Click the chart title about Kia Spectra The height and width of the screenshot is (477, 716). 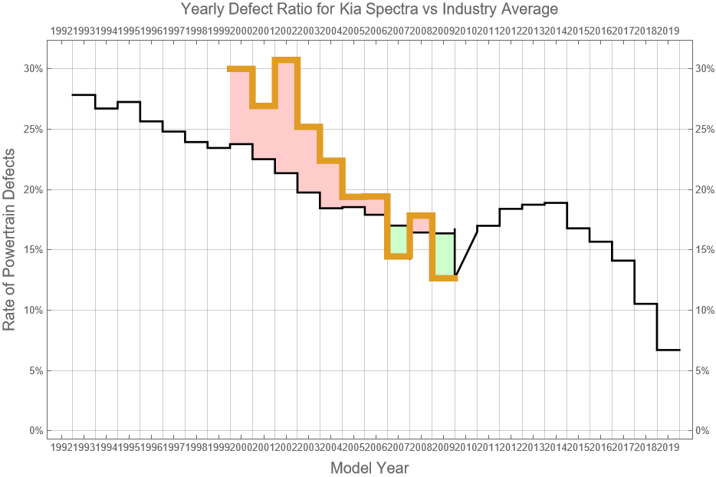click(x=369, y=9)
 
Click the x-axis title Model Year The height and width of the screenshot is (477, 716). click(x=369, y=468)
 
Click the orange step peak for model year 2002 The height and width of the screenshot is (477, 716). click(x=286, y=60)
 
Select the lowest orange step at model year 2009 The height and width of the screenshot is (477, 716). click(x=444, y=278)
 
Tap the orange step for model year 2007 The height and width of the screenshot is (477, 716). click(x=399, y=256)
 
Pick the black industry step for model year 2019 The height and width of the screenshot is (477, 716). click(x=668, y=350)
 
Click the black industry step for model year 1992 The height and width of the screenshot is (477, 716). click(x=84, y=95)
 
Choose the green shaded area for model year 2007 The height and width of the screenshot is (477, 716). click(x=399, y=241)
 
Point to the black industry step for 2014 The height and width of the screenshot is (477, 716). click(x=556, y=203)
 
